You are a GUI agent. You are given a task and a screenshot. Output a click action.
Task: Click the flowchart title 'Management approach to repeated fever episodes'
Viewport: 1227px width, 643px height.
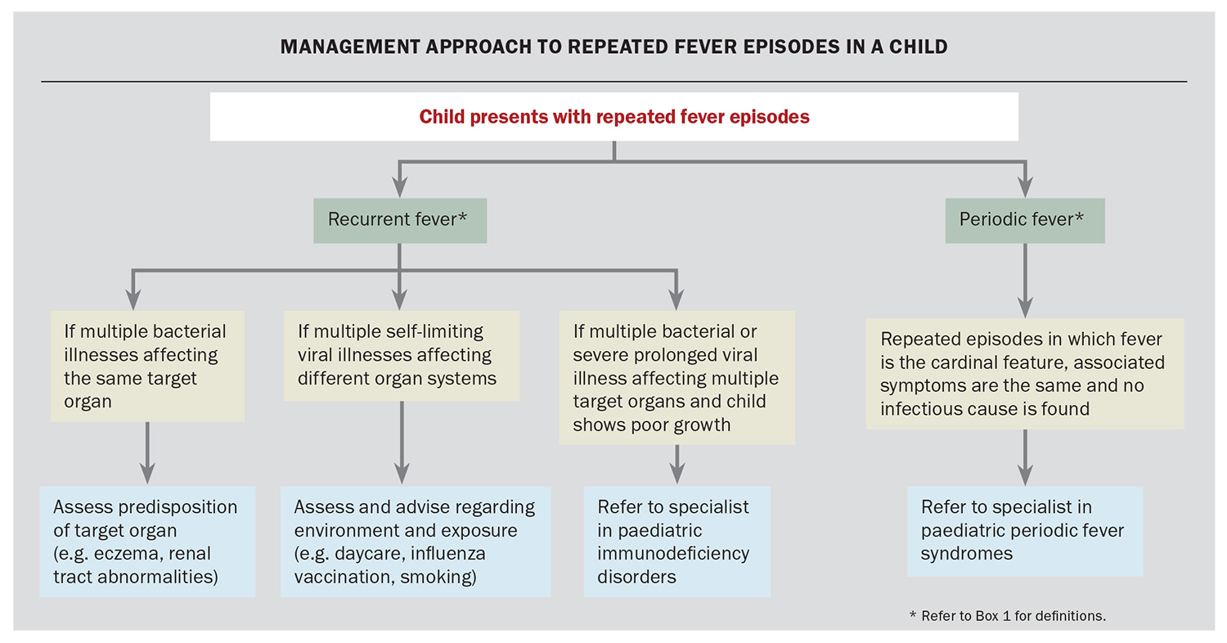pos(613,47)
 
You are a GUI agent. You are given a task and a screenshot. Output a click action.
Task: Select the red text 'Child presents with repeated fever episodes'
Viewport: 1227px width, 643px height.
pos(613,117)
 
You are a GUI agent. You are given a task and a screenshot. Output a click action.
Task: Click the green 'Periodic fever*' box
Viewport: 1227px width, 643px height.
pos(1024,219)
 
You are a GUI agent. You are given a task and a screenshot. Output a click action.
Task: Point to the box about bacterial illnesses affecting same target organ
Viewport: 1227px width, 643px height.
pos(147,366)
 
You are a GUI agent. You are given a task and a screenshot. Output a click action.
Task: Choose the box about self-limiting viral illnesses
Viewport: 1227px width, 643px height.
pos(401,355)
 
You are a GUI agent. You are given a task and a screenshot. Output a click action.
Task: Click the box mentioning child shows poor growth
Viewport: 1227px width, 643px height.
pos(676,378)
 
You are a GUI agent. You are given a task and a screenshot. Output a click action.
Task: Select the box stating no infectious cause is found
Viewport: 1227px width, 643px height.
pos(1024,373)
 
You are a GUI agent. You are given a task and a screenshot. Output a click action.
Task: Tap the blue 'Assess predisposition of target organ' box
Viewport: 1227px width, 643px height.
pos(147,542)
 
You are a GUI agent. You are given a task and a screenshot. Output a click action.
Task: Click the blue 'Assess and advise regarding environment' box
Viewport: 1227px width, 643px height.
pos(415,542)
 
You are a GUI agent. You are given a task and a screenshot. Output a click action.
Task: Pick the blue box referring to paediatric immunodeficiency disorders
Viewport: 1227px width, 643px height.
pos(676,542)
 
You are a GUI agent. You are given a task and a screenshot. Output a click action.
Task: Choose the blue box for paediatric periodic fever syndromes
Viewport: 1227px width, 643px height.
pos(1024,530)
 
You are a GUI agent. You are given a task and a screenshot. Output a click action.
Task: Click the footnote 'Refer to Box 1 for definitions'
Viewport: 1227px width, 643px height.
pos(1007,615)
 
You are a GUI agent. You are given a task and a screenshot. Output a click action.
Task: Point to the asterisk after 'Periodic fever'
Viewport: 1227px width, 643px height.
pos(1080,218)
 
